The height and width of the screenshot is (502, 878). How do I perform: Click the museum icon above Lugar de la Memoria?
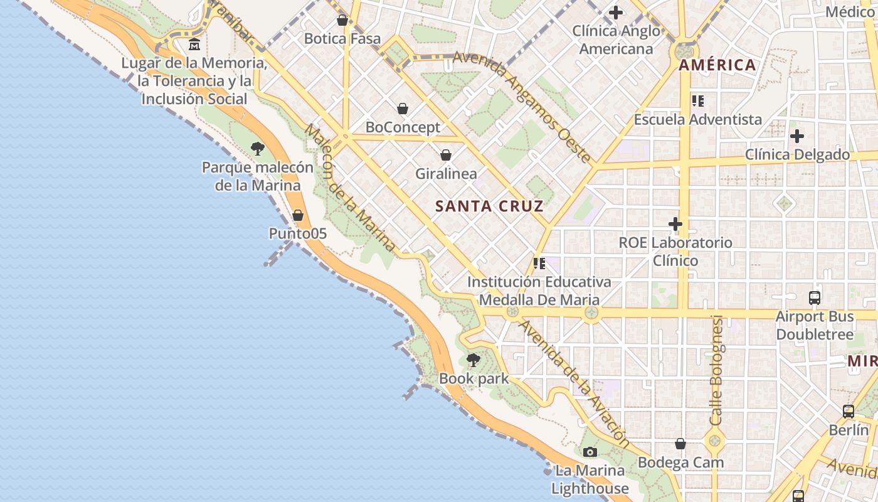(195, 45)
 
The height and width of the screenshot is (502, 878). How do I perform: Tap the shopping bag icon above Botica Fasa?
(342, 20)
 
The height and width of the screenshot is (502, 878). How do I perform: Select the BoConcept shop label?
(403, 127)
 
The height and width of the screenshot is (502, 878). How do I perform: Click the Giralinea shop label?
(446, 174)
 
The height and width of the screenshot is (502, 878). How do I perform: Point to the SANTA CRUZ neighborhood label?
(489, 206)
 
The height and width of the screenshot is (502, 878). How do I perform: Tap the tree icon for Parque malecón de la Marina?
(257, 149)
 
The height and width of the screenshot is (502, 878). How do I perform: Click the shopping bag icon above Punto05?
(298, 215)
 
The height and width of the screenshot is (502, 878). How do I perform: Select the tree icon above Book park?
(473, 360)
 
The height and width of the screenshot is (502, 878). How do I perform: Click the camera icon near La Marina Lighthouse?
(590, 452)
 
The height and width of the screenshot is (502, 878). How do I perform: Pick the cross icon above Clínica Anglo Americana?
(616, 12)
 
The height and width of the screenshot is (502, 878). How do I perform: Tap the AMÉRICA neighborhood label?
(717, 65)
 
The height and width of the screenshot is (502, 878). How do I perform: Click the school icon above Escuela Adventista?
(697, 100)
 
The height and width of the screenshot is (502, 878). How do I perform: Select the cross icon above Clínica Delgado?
(797, 136)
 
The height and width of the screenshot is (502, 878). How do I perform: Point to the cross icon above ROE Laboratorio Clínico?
(675, 223)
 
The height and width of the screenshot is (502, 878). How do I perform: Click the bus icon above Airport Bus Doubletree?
(815, 298)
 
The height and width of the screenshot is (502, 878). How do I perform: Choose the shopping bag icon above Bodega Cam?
(680, 444)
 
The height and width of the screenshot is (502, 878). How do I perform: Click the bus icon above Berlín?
(849, 412)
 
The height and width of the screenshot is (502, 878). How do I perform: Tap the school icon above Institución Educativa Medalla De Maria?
(539, 264)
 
